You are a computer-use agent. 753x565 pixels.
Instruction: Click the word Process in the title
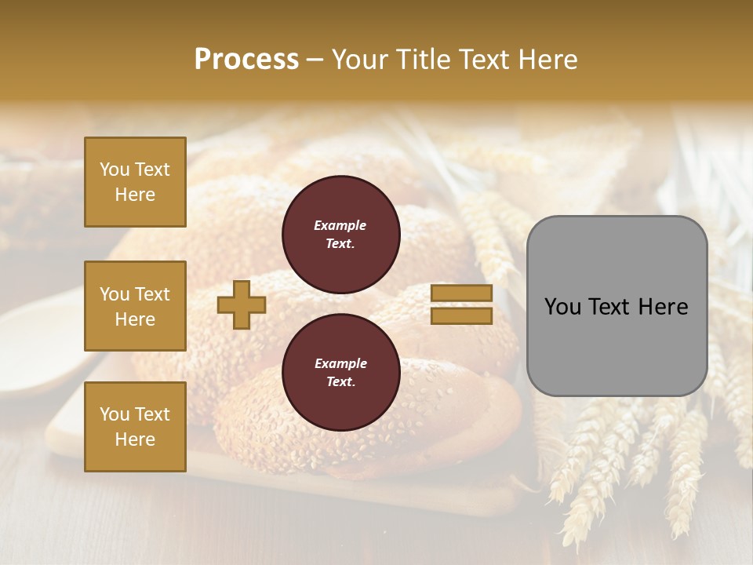(246, 60)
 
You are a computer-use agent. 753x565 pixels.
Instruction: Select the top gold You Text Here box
(135, 182)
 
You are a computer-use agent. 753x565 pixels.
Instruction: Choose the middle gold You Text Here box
(135, 306)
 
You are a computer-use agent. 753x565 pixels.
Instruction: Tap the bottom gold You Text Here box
(135, 427)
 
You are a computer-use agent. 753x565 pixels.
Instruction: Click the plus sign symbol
(242, 304)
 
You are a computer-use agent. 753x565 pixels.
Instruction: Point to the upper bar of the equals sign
(461, 293)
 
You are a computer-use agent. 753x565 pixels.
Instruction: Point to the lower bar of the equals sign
(461, 316)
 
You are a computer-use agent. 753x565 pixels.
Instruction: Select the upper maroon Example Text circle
(340, 235)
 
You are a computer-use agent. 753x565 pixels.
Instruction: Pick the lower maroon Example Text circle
(340, 373)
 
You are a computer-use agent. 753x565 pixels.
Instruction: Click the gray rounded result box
(617, 306)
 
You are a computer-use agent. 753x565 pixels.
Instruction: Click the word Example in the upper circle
(340, 226)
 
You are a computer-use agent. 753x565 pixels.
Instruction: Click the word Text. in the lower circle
(340, 382)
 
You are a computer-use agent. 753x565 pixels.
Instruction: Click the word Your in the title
(358, 60)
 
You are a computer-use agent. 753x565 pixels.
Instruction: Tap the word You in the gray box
(562, 307)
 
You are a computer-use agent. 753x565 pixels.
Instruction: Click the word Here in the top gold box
(135, 195)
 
